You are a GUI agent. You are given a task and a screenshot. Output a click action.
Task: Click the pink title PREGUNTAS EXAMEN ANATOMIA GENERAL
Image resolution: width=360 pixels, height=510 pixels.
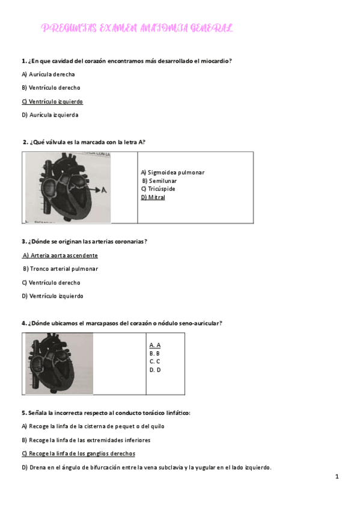click(x=137, y=28)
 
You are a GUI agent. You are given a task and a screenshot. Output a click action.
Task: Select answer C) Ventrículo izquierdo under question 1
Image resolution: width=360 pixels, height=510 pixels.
click(x=52, y=102)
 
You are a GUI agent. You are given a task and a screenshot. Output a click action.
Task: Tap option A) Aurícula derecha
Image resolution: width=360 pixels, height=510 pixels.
click(x=48, y=75)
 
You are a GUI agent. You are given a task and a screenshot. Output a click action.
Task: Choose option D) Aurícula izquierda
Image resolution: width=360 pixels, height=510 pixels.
click(x=50, y=115)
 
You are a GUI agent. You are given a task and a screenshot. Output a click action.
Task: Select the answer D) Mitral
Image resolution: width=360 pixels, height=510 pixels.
click(x=153, y=197)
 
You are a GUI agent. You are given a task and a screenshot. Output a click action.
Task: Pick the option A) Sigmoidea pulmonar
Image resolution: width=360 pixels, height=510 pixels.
click(x=172, y=173)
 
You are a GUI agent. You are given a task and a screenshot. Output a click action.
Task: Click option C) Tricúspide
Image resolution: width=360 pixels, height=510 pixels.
click(x=158, y=189)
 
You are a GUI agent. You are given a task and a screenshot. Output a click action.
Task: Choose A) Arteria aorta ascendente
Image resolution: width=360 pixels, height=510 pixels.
click(x=60, y=256)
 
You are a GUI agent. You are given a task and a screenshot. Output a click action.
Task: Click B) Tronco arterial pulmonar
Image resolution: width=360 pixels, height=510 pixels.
click(x=60, y=269)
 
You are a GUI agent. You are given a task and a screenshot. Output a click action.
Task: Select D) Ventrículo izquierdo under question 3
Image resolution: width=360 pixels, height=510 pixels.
click(x=52, y=296)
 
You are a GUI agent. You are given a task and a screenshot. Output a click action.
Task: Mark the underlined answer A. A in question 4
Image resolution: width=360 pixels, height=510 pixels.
click(x=154, y=345)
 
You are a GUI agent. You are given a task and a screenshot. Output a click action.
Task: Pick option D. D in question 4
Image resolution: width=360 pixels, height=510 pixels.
click(x=154, y=370)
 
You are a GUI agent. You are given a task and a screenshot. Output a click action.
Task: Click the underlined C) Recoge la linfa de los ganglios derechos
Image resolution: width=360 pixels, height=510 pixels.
click(x=78, y=453)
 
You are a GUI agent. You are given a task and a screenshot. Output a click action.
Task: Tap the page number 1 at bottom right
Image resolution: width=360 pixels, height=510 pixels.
click(x=337, y=477)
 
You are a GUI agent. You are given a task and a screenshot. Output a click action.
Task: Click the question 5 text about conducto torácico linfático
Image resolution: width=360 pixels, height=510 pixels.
click(x=106, y=413)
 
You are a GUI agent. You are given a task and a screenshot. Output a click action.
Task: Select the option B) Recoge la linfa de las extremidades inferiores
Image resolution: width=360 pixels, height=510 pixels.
click(x=86, y=440)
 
